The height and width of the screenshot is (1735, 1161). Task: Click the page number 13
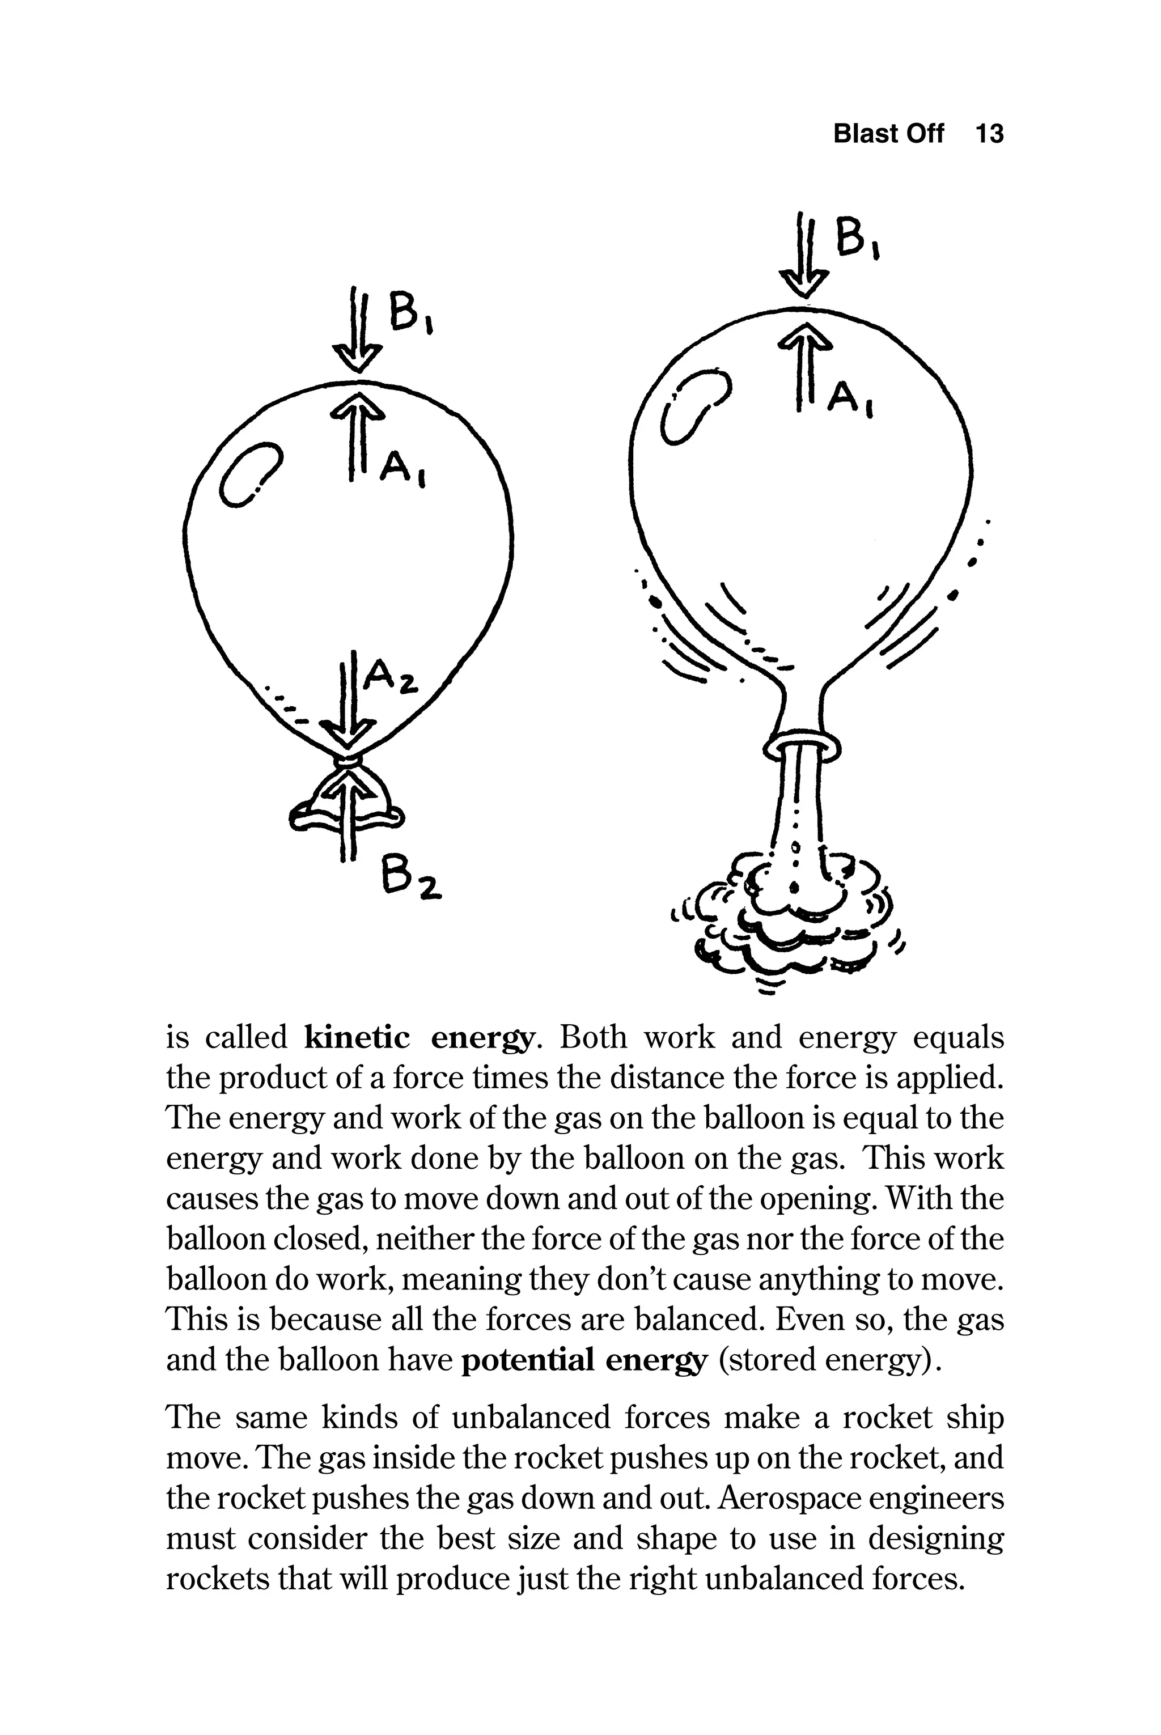989,134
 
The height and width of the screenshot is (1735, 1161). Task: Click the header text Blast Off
888,134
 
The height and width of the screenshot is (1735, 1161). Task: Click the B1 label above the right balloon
857,240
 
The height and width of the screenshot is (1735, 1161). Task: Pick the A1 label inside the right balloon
849,399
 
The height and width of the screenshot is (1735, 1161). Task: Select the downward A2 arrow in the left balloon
348,699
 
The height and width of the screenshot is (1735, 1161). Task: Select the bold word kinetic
357,1038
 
